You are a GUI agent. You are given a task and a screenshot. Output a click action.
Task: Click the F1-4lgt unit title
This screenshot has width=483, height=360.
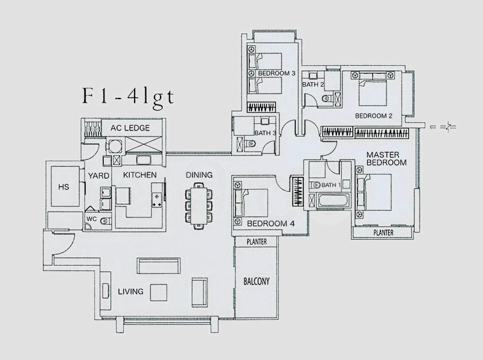coord(129,97)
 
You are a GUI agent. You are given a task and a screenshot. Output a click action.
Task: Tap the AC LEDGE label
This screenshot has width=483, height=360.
coord(130,128)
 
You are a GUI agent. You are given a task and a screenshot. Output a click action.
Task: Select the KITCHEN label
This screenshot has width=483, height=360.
coord(140,175)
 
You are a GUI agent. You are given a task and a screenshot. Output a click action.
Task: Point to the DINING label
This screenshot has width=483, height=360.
coord(199,175)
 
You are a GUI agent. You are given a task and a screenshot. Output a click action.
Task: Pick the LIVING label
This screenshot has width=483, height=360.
coord(130,291)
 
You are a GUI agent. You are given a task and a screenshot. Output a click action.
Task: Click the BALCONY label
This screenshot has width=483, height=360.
coord(256,281)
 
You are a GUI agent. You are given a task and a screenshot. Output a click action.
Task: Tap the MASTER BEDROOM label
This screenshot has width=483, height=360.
coord(386,158)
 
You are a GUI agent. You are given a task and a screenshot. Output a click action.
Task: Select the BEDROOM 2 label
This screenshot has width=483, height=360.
coord(374,116)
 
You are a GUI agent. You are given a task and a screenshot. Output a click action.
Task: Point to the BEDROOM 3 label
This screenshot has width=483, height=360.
coord(277,73)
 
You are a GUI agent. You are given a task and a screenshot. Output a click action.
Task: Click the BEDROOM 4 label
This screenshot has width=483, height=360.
coord(270,223)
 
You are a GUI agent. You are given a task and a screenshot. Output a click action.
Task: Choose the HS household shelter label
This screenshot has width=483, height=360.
coord(64,187)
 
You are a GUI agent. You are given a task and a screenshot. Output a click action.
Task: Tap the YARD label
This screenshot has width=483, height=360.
coord(98,176)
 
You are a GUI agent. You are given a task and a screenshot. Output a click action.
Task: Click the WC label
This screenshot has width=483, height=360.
coord(92,219)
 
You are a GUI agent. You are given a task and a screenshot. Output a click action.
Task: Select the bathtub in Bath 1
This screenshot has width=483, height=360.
coord(334,201)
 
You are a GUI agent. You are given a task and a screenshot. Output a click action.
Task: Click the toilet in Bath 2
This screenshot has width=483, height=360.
coord(326,99)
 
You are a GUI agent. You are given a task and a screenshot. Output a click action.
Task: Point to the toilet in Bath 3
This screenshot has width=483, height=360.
coord(251,143)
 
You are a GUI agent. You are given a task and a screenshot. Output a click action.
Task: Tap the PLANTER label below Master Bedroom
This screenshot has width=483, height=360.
coord(383,233)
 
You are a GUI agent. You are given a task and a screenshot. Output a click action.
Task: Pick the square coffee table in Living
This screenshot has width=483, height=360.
coord(159,292)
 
